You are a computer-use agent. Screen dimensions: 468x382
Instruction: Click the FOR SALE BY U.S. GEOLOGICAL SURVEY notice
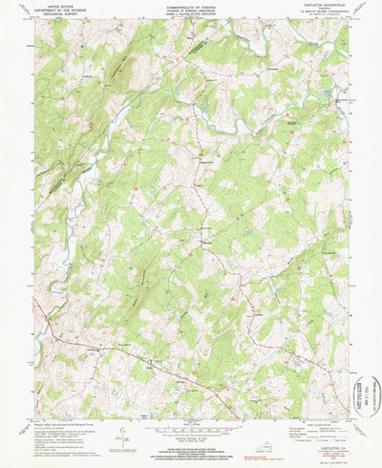tap(190, 446)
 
